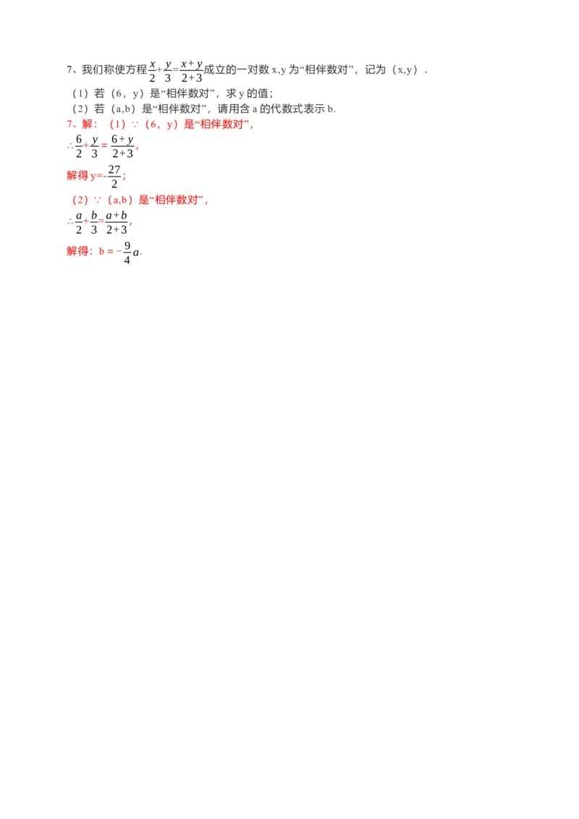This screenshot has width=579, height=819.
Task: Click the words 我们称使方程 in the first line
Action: point(114,70)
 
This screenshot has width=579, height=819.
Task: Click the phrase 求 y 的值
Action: point(250,93)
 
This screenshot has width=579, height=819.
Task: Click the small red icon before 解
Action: point(72,124)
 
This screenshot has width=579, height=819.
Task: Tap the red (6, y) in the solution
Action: point(161,124)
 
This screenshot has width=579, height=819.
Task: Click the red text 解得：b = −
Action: point(93,251)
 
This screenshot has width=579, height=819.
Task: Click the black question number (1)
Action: point(76,93)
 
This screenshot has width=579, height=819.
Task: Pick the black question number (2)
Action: point(76,109)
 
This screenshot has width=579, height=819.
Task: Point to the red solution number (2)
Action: point(76,200)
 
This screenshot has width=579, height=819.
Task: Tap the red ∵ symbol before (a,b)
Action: point(96,200)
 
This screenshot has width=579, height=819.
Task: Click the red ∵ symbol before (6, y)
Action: point(135,124)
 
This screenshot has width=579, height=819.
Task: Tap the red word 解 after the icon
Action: point(88,124)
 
